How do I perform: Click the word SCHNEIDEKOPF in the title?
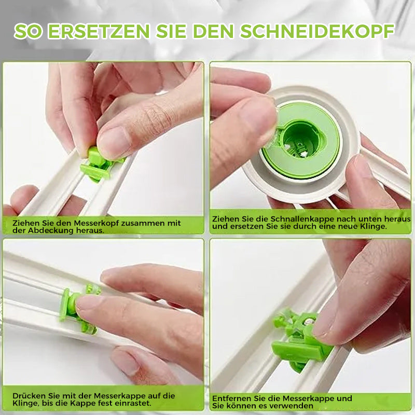[x=317, y=32]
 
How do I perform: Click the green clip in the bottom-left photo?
[x=79, y=309]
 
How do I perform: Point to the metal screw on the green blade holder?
[x=308, y=321]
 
